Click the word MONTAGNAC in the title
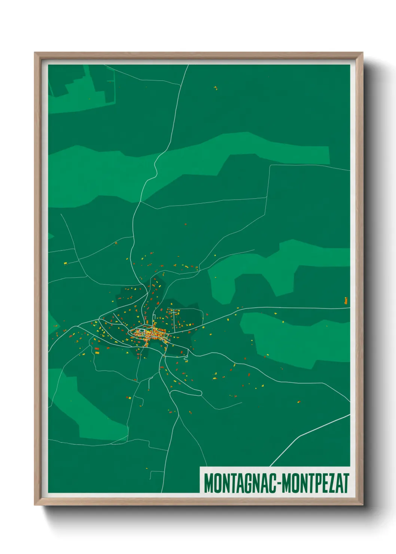tap(240, 483)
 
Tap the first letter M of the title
tap(208, 483)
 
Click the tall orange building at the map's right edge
tap(346, 301)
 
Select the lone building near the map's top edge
tap(215, 88)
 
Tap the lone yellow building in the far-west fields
tap(65, 264)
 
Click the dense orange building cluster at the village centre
tap(153, 333)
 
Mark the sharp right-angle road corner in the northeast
tap(270, 165)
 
